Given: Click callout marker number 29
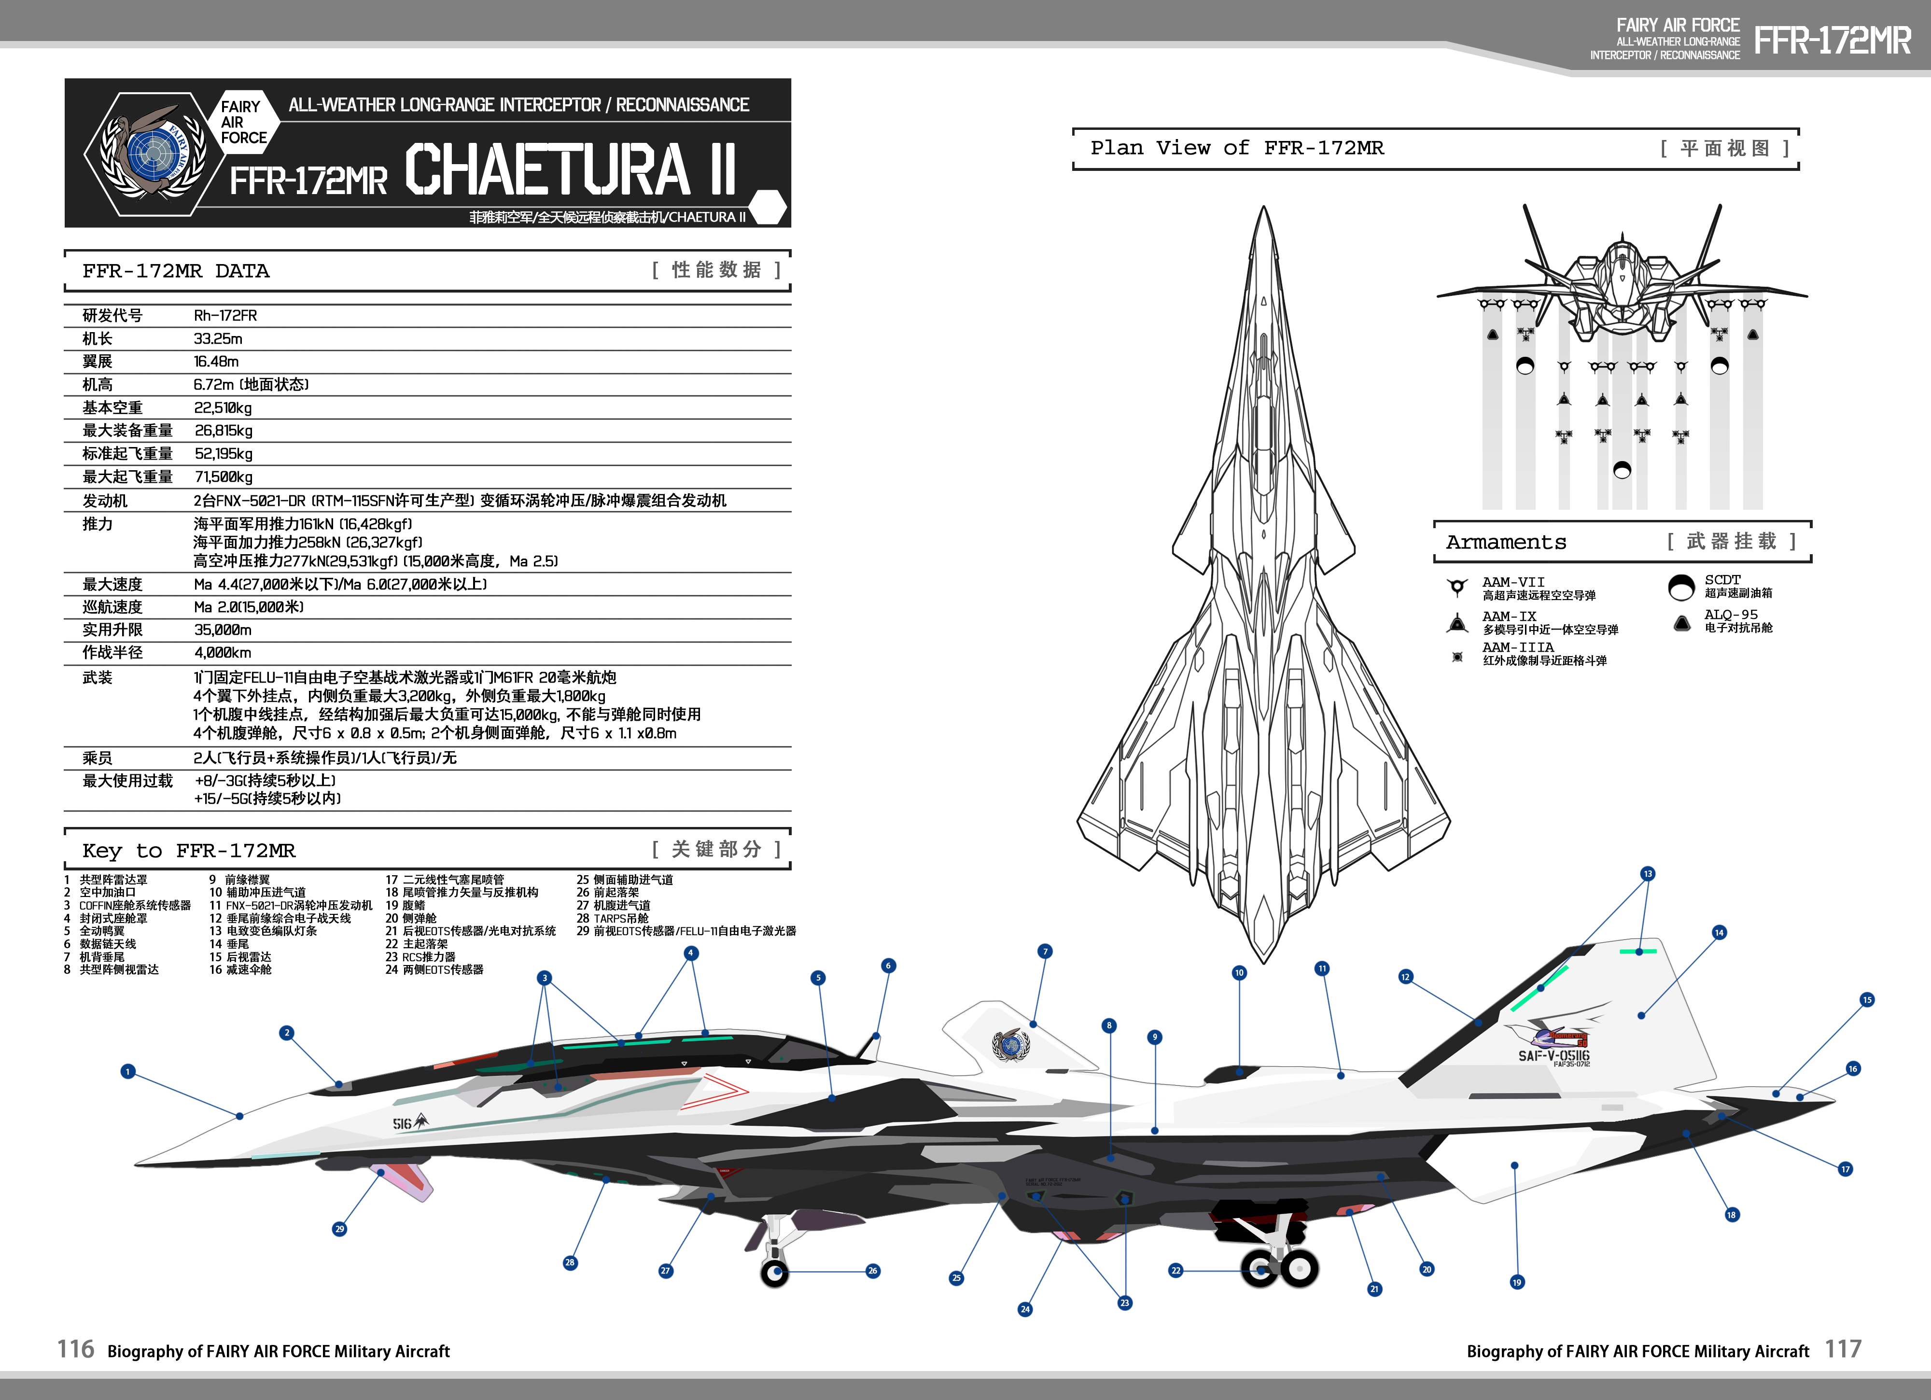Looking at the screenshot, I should tap(340, 1229).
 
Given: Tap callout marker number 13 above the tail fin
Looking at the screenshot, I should tap(1648, 874).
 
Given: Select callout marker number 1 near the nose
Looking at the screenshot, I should tap(128, 1071).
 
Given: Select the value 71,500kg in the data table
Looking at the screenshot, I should tap(223, 477).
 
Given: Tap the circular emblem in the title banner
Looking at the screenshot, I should tap(153, 154).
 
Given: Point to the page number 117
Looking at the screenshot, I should tap(1843, 1350).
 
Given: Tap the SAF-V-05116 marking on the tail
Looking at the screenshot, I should tap(1554, 1056).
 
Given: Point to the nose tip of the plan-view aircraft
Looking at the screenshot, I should tap(1264, 209).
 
